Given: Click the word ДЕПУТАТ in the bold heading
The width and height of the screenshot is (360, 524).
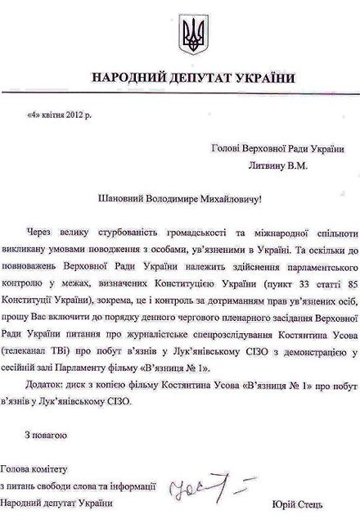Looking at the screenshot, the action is pos(183,78).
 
